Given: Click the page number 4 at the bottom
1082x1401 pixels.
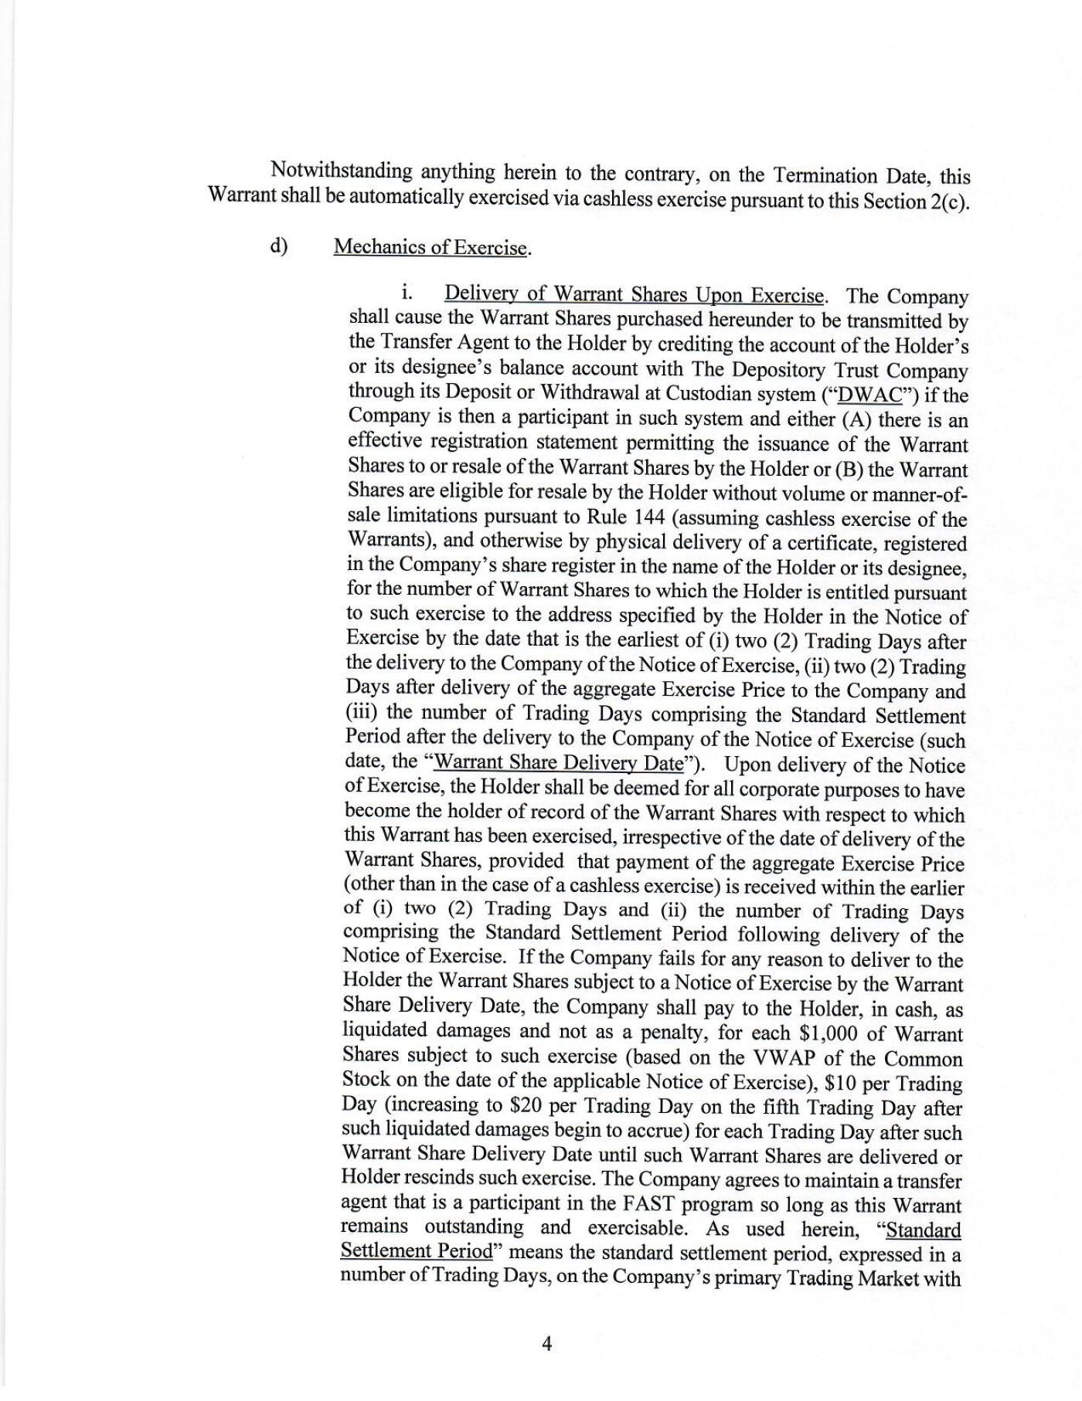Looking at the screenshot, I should tap(546, 1344).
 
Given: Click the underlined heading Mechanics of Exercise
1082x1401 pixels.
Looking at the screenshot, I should tap(431, 247).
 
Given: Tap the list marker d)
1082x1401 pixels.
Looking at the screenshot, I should tap(279, 246).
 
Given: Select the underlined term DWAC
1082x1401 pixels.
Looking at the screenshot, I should tap(870, 395).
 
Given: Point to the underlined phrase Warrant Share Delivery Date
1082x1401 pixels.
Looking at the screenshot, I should tap(559, 763).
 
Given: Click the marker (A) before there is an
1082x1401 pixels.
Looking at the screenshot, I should tap(852, 419).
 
